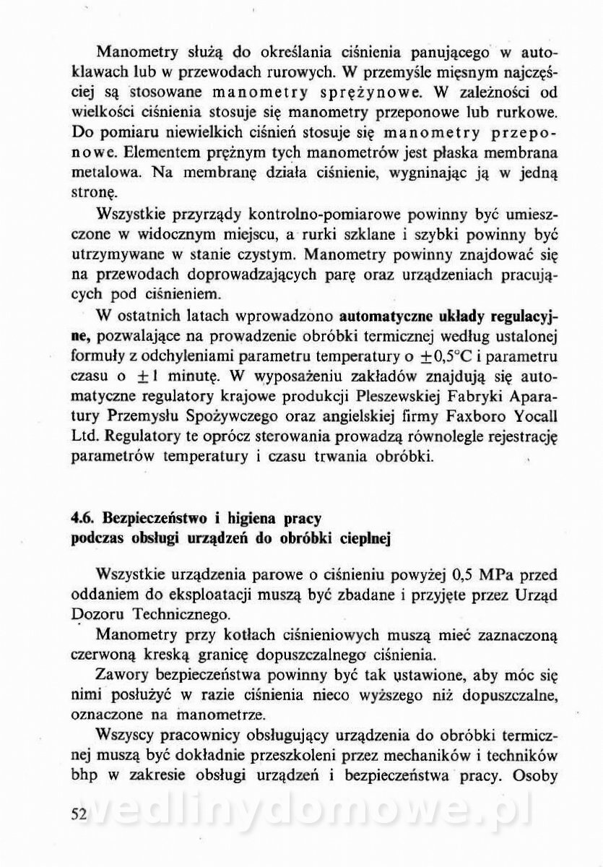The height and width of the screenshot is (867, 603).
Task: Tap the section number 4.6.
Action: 83,519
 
